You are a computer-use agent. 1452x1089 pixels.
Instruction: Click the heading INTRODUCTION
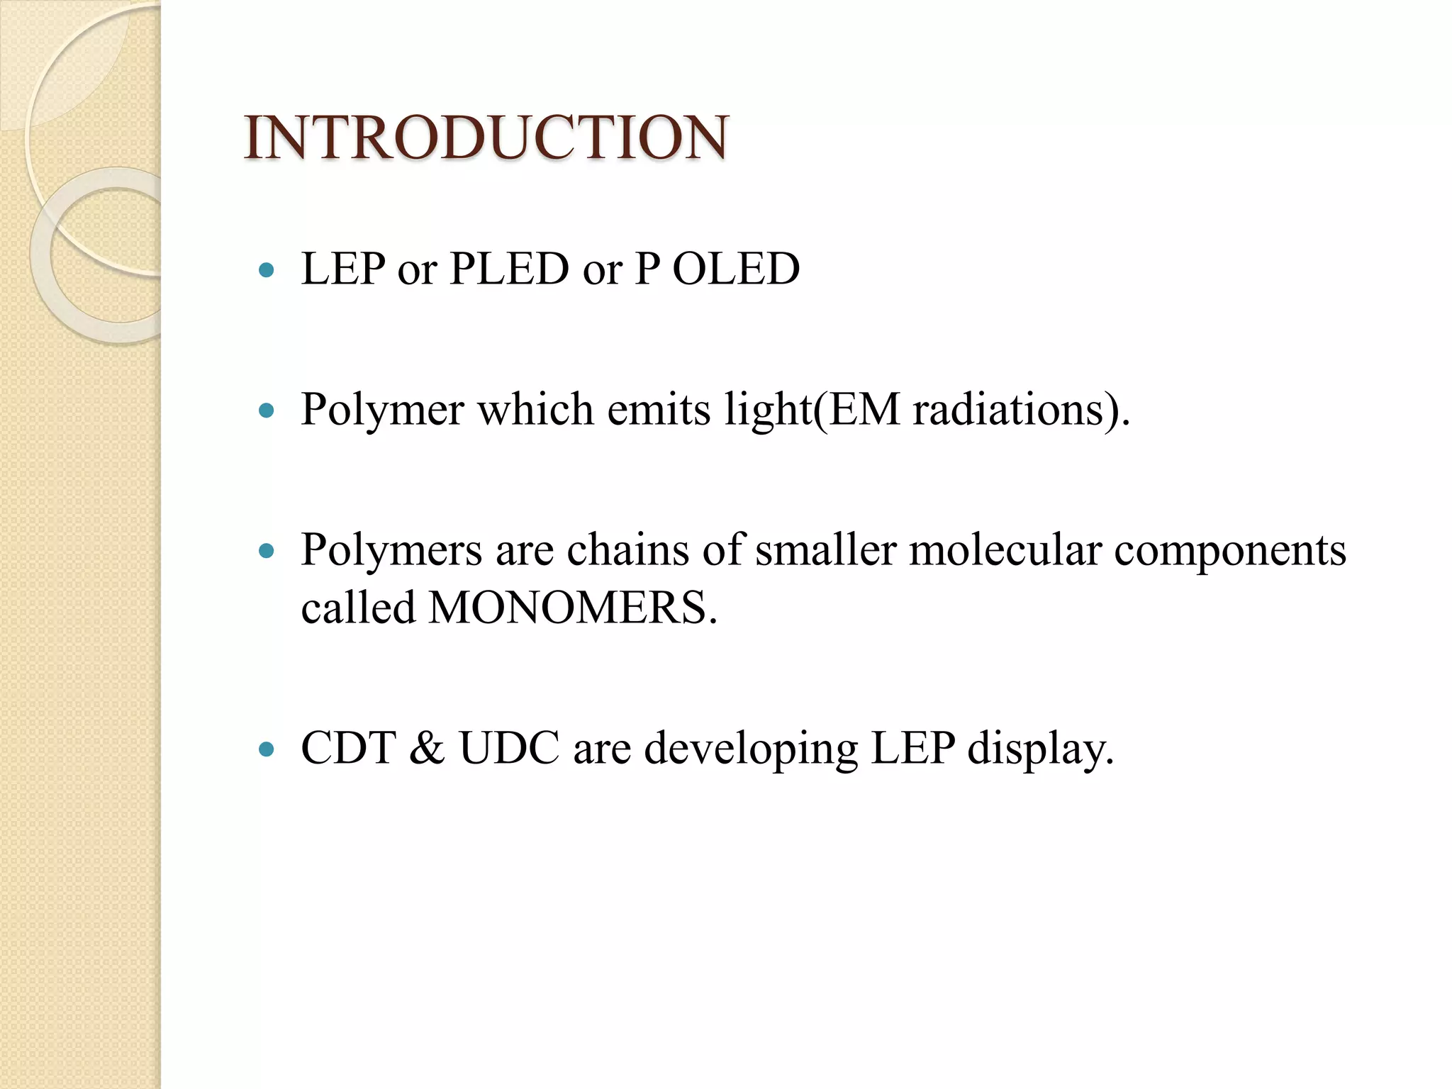(486, 138)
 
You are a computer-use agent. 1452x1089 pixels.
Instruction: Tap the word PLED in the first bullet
(509, 269)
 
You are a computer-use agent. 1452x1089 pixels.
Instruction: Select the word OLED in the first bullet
(736, 269)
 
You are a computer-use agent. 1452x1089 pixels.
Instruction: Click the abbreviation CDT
(348, 748)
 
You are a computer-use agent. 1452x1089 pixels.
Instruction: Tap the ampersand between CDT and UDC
(427, 748)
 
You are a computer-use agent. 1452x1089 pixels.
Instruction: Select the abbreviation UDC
(510, 748)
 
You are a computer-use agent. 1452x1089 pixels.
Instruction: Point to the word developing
(751, 749)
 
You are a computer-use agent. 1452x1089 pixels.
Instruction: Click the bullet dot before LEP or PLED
(267, 269)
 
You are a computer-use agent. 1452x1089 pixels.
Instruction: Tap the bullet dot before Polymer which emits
(267, 410)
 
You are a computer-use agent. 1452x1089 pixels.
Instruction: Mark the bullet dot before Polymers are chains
(267, 550)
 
